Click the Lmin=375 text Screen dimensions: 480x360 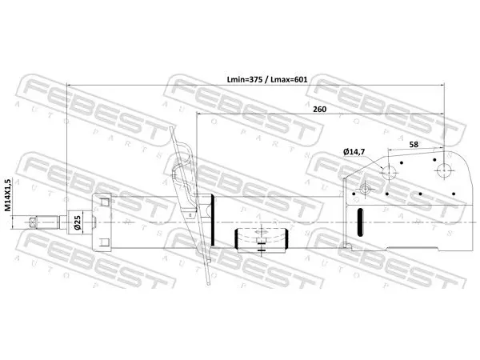[x=245, y=79]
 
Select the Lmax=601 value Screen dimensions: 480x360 [x=289, y=79]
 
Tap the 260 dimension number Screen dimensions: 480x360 [x=319, y=110]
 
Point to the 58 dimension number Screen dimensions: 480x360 [x=414, y=145]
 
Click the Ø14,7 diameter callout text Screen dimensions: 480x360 [x=354, y=151]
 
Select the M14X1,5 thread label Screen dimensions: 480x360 [x=8, y=195]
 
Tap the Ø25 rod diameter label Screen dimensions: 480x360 [x=77, y=222]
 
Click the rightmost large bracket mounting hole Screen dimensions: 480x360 [x=445, y=170]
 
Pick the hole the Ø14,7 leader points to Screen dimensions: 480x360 [x=389, y=172]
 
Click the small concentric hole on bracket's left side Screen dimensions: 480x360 [x=365, y=189]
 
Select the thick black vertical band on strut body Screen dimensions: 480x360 [x=213, y=220]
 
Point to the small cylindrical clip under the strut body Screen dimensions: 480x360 [x=262, y=241]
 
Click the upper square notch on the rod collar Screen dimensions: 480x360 [x=105, y=202]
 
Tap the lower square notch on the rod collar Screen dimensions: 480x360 [x=105, y=242]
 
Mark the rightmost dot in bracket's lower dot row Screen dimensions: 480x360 [x=454, y=194]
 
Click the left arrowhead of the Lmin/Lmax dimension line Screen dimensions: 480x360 [x=69, y=85]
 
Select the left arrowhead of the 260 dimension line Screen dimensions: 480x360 [x=198, y=114]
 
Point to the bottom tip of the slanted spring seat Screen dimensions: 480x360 [x=209, y=284]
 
